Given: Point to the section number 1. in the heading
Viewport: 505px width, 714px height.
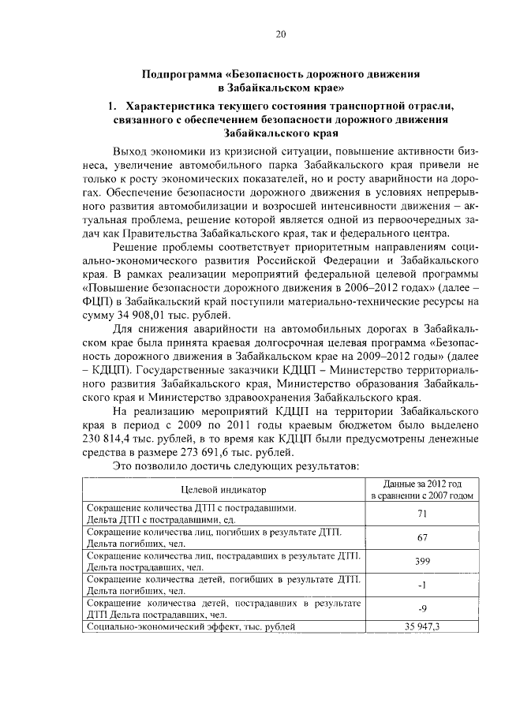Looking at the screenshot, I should [x=113, y=106].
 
